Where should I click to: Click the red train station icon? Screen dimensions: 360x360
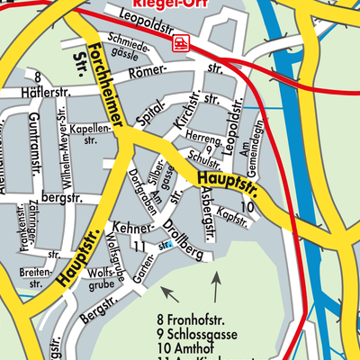182,41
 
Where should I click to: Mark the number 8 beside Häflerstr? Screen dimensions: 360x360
38,78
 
